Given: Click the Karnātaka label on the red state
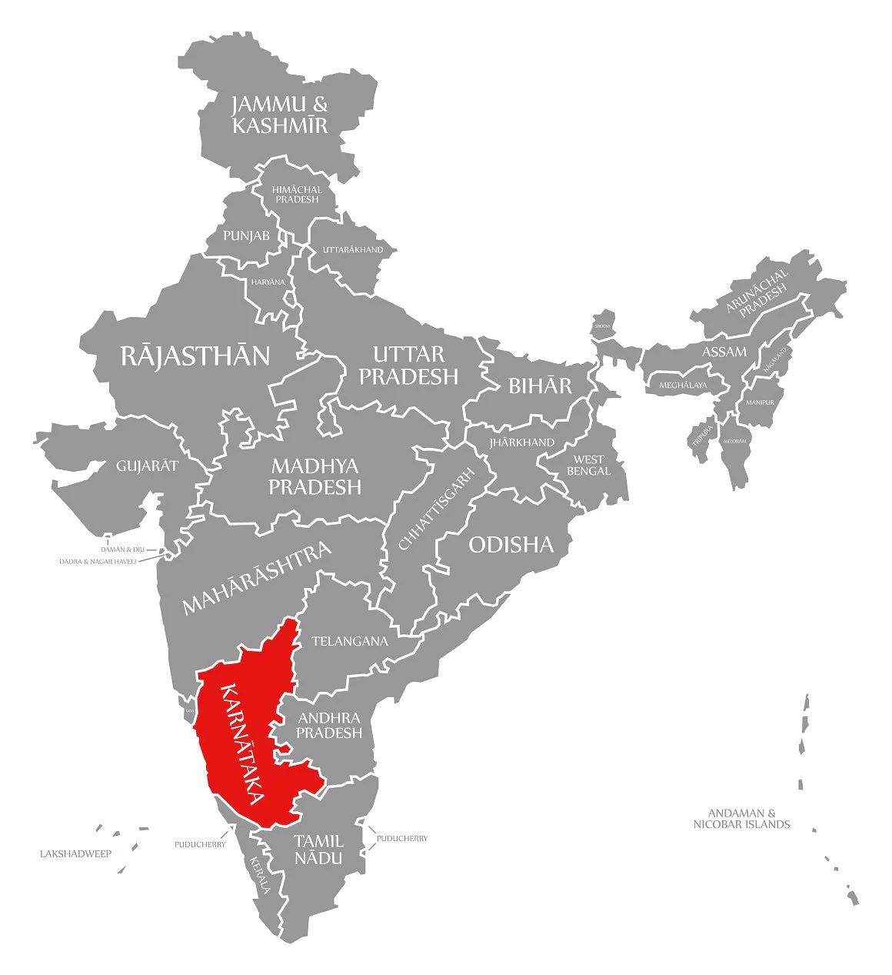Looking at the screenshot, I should pos(242,743).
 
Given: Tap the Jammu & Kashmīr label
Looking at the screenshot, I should pos(280,115).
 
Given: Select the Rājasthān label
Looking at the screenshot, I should pos(195,356).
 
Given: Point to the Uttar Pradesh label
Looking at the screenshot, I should pos(408,365).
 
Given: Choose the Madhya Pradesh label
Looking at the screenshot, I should pos(315,476).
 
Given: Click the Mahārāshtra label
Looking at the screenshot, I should pos(257,577).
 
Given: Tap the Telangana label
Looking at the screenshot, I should pos(349,640).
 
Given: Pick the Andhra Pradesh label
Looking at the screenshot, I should pos(329,726).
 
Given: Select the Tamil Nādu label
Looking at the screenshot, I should pos(318,848).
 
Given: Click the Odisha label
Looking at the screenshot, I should pos(511,545).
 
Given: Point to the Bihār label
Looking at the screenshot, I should pos(540,386).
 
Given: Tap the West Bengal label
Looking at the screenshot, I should pos(588,465).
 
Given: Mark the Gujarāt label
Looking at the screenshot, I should pos(147,466).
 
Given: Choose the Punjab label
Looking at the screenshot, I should pos(246,235).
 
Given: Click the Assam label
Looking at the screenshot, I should pos(724,352).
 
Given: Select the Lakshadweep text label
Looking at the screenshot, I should pos(75,853).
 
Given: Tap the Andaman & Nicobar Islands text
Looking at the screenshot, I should pos(741,818).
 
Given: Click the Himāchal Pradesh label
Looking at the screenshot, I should pos(297,194).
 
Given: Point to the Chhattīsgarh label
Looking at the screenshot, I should pos(436,509).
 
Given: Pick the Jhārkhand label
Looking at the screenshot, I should pos(521,442).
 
